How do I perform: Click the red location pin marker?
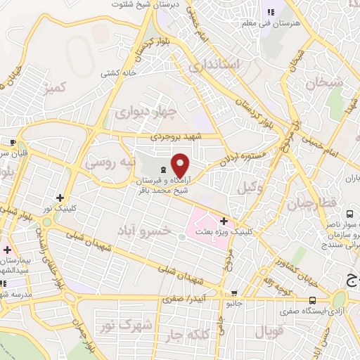pyautogui.click(x=181, y=166)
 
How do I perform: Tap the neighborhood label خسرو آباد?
pyautogui.click(x=143, y=231)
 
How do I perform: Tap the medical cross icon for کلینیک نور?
pyautogui.click(x=60, y=198)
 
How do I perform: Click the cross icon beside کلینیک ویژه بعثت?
pyautogui.click(x=224, y=221)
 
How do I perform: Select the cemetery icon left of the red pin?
pyautogui.click(x=164, y=169)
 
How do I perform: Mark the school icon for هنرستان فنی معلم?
pyautogui.click(x=271, y=12)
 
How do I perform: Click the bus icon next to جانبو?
pyautogui.click(x=235, y=294)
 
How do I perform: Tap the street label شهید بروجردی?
pyautogui.click(x=175, y=138)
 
